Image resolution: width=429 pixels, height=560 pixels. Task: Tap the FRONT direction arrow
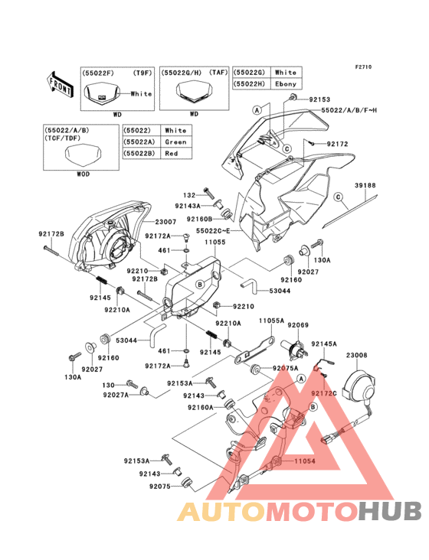point(60,79)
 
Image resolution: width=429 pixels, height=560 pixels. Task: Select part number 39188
point(365,186)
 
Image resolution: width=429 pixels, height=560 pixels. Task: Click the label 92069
point(298,325)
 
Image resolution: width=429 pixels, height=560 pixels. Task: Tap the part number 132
point(188,196)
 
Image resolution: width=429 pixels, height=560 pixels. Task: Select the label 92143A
point(188,206)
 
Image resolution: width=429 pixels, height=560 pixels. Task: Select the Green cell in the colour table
point(175,142)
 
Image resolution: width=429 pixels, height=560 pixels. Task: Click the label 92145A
point(323,344)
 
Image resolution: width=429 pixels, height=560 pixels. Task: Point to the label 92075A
point(286,368)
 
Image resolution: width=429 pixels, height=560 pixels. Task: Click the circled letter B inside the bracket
point(199,284)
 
